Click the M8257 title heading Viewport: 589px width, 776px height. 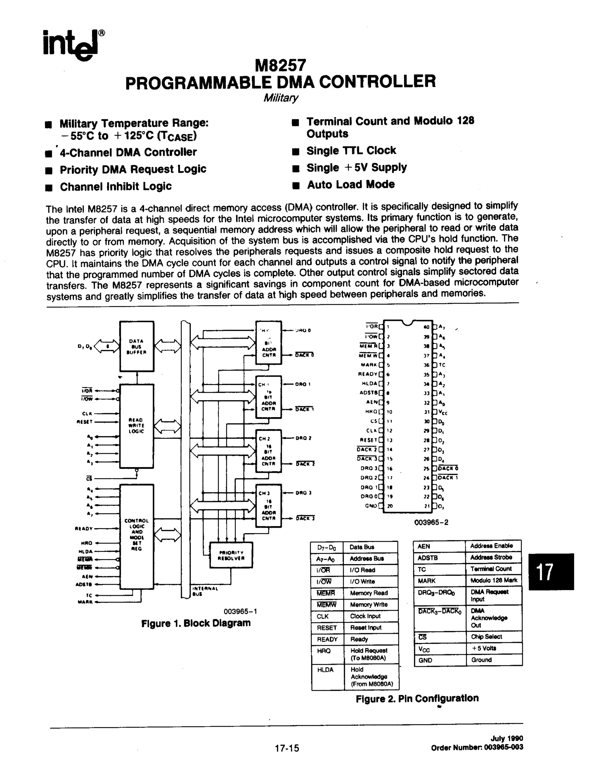[x=280, y=65]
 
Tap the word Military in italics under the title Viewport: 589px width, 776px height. [x=280, y=97]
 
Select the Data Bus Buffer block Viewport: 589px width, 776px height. [x=137, y=346]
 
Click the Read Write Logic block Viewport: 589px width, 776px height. [x=136, y=426]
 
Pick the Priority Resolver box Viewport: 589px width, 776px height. [x=231, y=555]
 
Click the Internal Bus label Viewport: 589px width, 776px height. [x=205, y=591]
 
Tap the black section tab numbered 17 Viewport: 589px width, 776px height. [x=551, y=572]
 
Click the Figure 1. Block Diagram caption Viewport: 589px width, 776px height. [x=196, y=623]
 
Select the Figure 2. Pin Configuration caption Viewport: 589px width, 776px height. [x=417, y=698]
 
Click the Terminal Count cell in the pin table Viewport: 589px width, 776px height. [x=491, y=569]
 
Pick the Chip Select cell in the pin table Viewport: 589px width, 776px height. [x=486, y=636]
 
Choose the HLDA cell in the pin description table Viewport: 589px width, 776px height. [x=325, y=670]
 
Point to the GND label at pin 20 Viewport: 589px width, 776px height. [x=371, y=505]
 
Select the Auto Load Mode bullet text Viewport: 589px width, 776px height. [x=351, y=185]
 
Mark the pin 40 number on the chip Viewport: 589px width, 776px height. [x=426, y=327]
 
